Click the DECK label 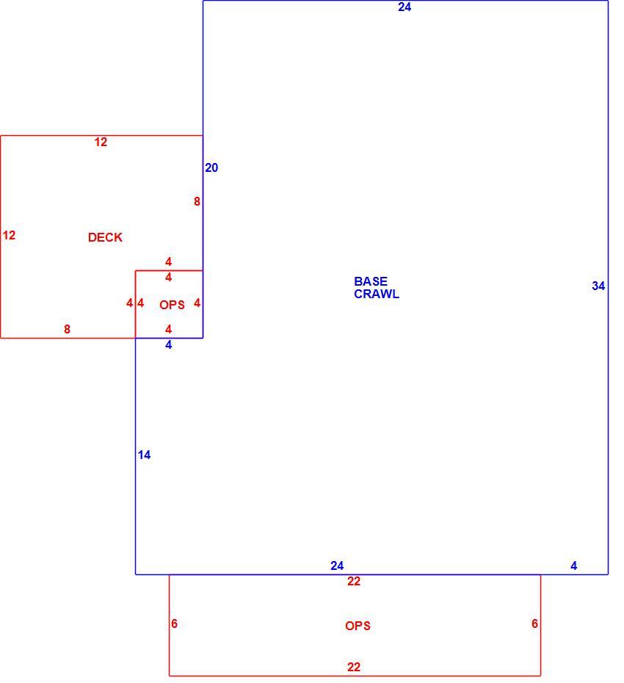tap(105, 237)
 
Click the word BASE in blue tap(371, 281)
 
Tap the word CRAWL tap(377, 294)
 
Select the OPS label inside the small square tap(172, 305)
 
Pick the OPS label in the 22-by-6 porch tap(358, 626)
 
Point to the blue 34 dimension tap(598, 286)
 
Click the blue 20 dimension tap(211, 167)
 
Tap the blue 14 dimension tap(144, 455)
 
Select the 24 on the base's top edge tap(404, 7)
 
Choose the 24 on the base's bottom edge tap(337, 565)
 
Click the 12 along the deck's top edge tap(101, 142)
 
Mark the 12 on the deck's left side tap(9, 236)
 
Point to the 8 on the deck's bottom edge tap(67, 329)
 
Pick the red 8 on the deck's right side tap(197, 202)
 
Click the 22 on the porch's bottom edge tap(354, 667)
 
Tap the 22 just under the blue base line tap(354, 581)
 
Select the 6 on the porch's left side tap(174, 624)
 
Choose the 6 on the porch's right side tap(534, 624)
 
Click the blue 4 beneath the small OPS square tap(169, 345)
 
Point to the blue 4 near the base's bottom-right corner tap(574, 565)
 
